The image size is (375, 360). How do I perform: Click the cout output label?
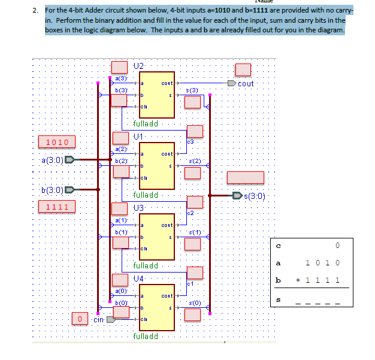click(246, 83)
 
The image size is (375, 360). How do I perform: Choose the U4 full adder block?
click(156, 307)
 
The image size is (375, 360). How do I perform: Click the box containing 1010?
click(58, 142)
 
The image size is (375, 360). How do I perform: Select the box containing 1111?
click(58, 207)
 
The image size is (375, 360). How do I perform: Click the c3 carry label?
click(190, 141)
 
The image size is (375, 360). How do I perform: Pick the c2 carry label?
click(190, 213)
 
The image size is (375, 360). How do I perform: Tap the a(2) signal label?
click(120, 149)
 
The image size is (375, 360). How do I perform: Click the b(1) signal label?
click(120, 231)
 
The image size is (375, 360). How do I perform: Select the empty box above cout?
click(243, 69)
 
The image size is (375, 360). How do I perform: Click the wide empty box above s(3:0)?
click(244, 177)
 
